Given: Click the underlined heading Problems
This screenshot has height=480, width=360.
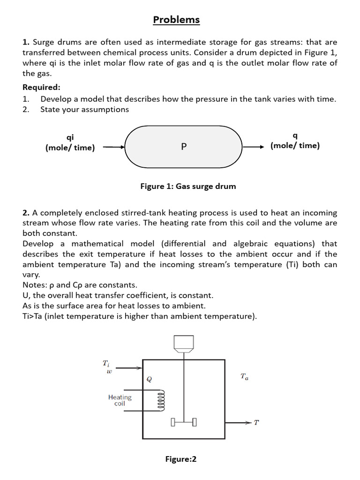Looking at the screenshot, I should pos(177,20).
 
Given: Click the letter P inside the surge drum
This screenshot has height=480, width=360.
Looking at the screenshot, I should pos(184,147).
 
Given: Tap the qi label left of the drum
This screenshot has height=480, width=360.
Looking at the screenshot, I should pos(70,137).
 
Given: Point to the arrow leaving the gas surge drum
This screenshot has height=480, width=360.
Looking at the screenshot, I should pos(254,147).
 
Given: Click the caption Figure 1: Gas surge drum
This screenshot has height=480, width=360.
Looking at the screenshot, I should pos(188,186).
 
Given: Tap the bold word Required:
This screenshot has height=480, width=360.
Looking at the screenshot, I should pos(41,87).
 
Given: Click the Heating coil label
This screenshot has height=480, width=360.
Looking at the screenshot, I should pos(120,400).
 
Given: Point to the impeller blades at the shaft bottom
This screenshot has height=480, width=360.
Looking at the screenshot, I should pos(183,422).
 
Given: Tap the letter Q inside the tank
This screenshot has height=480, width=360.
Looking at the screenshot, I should pos(149,378).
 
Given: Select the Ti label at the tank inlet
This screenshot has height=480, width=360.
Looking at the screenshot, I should pos(106,363).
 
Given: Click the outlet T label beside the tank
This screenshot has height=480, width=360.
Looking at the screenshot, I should pos(256,423).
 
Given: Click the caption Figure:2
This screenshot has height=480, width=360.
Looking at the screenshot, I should pos(181,459).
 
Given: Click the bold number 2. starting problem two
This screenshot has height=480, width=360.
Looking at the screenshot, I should pos(26,213).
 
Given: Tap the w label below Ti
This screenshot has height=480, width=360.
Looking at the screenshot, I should pos(109,371).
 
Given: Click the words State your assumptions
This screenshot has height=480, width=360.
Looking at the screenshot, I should pos(84,109).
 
